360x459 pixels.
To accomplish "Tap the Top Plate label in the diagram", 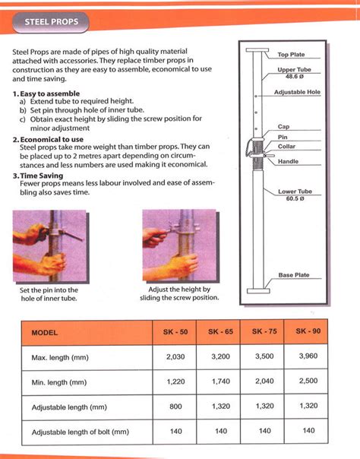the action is pyautogui.click(x=292, y=55).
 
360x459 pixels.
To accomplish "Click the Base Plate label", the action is pyautogui.click(x=294, y=275).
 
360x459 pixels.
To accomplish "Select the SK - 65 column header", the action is pyautogui.click(x=221, y=332).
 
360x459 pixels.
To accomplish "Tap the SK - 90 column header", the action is pyautogui.click(x=308, y=332).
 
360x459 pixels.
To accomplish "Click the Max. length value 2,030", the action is pyautogui.click(x=175, y=356).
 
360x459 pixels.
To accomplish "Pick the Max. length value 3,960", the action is pyautogui.click(x=308, y=356).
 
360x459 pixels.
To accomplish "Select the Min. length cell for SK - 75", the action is pyautogui.click(x=264, y=382).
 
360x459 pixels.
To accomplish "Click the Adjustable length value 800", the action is pyautogui.click(x=175, y=407).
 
